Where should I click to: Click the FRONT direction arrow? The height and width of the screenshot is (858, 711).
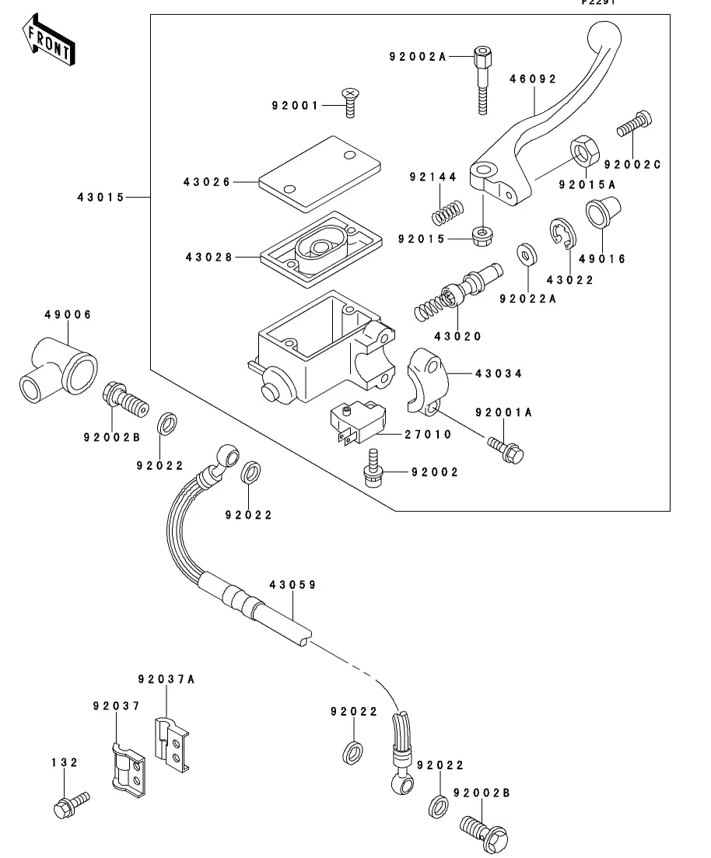(49, 44)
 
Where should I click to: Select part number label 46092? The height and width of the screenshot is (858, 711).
(533, 79)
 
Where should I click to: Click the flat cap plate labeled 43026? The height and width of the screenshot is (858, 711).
(319, 173)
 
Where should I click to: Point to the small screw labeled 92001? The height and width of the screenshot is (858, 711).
(351, 103)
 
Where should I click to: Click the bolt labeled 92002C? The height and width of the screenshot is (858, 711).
(635, 124)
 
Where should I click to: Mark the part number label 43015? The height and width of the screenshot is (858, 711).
(100, 198)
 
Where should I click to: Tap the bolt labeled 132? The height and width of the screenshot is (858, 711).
(69, 804)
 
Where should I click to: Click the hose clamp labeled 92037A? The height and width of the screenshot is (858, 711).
(171, 744)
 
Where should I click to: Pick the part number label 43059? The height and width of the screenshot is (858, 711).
(292, 584)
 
